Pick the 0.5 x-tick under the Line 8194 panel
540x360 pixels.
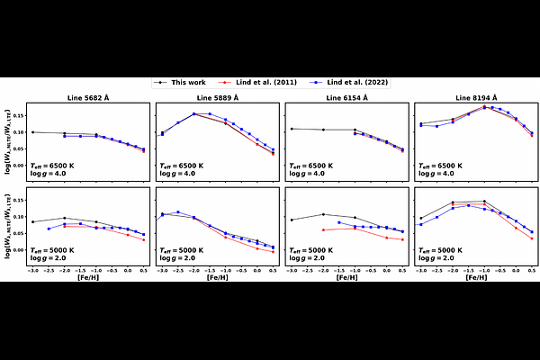point(532,270)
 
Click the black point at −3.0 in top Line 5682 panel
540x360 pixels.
point(32,132)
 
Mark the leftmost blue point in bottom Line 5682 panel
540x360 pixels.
point(49,229)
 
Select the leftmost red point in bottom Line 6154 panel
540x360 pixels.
point(323,230)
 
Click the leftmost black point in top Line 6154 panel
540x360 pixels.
point(292,129)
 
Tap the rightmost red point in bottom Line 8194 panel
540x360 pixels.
point(532,238)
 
